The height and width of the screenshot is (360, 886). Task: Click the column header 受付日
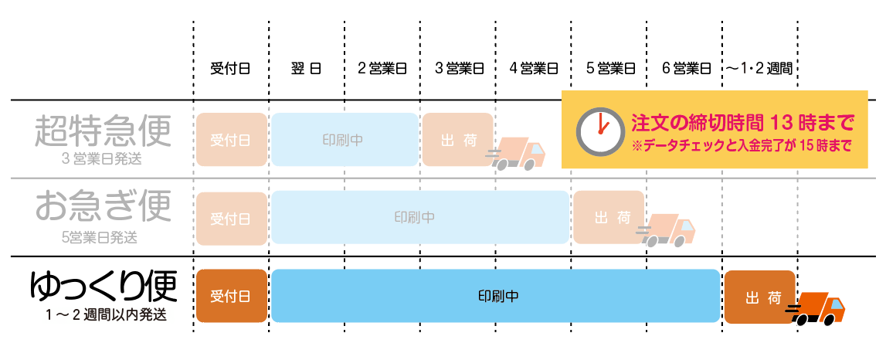(230, 68)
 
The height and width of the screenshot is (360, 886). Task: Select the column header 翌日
(307, 68)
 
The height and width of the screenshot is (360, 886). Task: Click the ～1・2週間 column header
(759, 68)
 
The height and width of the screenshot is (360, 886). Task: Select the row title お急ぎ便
(102, 207)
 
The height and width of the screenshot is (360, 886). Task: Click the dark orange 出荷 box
(759, 297)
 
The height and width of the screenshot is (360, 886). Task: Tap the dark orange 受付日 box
(231, 297)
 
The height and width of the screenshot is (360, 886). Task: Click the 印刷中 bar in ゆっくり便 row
(496, 297)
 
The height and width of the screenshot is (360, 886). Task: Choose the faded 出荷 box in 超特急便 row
(457, 140)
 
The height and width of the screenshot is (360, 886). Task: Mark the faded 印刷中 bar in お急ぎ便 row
(419, 217)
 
